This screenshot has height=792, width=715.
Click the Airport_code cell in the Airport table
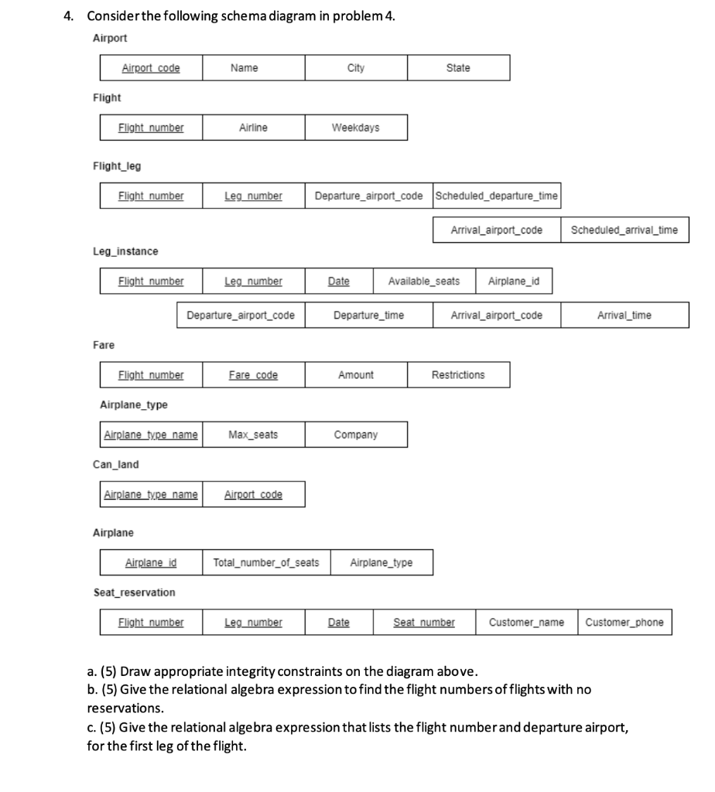[151, 68]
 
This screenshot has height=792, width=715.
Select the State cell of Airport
[458, 68]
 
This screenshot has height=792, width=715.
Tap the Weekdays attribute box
[355, 128]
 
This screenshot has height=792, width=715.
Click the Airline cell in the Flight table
[253, 128]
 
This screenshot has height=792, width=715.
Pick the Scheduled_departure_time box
[496, 196]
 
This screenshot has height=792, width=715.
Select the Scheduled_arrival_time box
[624, 230]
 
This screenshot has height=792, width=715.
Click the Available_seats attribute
[423, 281]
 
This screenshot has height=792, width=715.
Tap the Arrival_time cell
[624, 315]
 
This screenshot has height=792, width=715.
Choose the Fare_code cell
[253, 375]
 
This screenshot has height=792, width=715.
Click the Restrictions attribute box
[458, 375]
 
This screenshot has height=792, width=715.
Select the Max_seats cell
[253, 435]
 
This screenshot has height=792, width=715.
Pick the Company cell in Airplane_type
[355, 435]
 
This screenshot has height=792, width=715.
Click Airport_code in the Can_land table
[253, 494]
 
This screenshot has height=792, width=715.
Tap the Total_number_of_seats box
[265, 562]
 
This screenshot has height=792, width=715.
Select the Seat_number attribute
[424, 622]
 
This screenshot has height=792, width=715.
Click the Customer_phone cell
[624, 622]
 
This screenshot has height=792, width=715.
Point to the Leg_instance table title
[125, 251]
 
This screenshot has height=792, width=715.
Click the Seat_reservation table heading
[134, 592]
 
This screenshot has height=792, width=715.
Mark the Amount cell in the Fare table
[355, 375]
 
